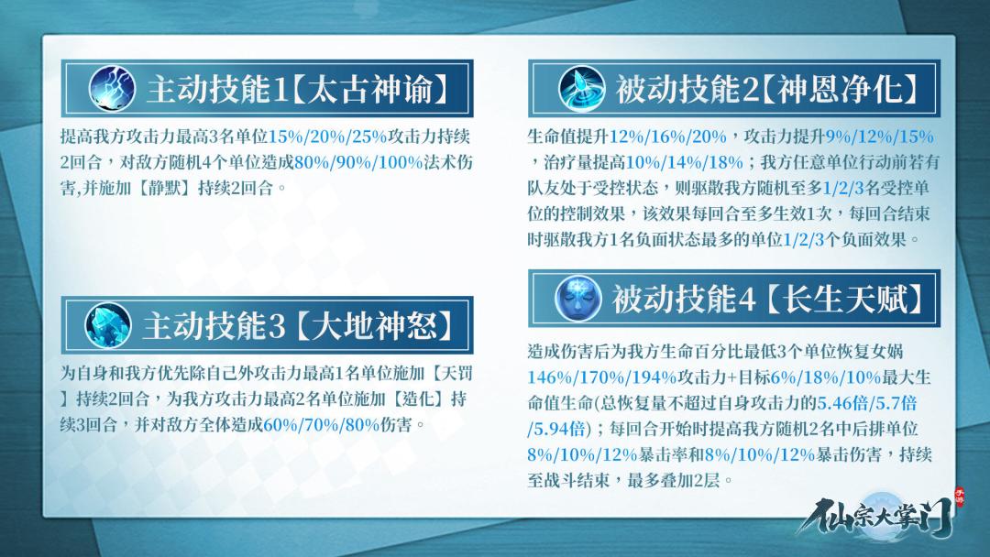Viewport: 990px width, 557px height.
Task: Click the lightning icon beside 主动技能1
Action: pyautogui.click(x=112, y=88)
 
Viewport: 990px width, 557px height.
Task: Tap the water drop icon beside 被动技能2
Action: pyautogui.click(x=581, y=88)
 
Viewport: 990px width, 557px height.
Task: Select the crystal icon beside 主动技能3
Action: pyautogui.click(x=108, y=325)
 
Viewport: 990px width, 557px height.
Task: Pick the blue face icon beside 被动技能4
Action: pyautogui.click(x=577, y=298)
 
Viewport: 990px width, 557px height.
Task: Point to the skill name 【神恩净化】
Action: pyautogui.click(x=839, y=89)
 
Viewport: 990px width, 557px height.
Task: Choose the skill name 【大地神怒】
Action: pyautogui.click(x=375, y=326)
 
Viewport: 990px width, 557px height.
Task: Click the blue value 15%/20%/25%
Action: pyautogui.click(x=327, y=137)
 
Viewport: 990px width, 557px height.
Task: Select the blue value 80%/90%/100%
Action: pyautogui.click(x=358, y=162)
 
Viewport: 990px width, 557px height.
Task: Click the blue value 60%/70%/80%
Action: pyautogui.click(x=322, y=424)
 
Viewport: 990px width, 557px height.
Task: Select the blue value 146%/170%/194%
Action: pyautogui.click(x=602, y=377)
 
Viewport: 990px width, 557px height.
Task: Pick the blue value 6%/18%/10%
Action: pyautogui.click(x=826, y=377)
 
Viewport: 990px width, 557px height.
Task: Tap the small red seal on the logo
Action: pyautogui.click(x=960, y=497)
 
